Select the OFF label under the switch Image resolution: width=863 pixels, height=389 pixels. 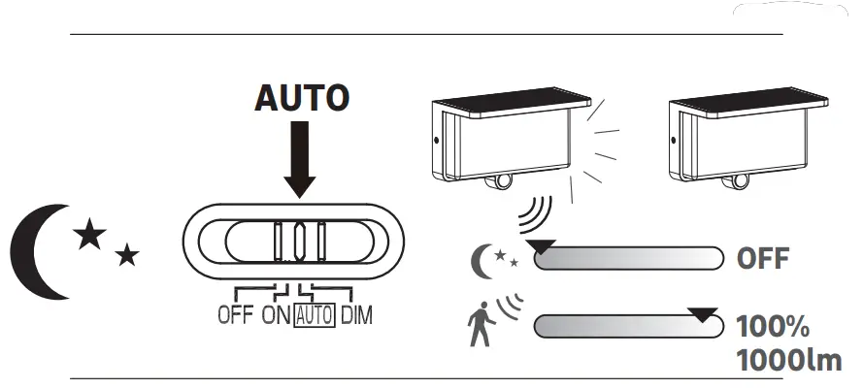click(236, 315)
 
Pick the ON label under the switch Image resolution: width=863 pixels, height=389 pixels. click(277, 315)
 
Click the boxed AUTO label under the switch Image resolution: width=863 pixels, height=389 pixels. click(315, 315)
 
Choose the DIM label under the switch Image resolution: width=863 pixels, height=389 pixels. click(356, 315)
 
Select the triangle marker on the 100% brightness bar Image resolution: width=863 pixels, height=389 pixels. click(703, 314)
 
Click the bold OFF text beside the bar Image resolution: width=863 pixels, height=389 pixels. click(763, 259)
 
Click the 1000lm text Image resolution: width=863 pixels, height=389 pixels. click(788, 360)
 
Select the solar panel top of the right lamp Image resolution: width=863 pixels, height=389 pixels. click(748, 98)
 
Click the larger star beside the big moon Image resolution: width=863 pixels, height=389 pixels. click(89, 234)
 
